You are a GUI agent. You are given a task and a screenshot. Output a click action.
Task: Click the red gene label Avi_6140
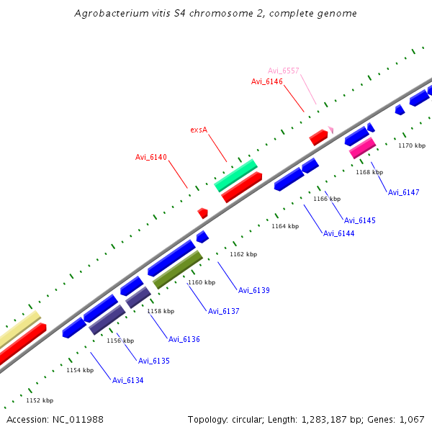[x=150, y=157]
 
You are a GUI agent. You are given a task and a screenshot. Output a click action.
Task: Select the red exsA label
[x=199, y=130]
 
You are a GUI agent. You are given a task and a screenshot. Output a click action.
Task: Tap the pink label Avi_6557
[x=283, y=71]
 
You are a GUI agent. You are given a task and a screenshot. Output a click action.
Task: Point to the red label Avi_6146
[x=266, y=82]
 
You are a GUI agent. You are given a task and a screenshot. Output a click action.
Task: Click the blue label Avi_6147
[x=403, y=193]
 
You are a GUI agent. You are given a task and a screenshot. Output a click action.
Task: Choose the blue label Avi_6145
[x=359, y=220]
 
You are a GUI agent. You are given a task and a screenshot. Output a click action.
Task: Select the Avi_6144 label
[x=338, y=233]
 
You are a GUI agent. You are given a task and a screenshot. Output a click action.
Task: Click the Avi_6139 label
[x=253, y=290]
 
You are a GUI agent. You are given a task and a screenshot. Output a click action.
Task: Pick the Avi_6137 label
[x=223, y=311]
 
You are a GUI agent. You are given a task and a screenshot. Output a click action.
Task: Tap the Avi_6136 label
[x=184, y=339]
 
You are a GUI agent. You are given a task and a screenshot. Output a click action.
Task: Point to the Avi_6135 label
[x=153, y=361]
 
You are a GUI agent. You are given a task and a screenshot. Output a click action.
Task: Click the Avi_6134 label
[x=127, y=380]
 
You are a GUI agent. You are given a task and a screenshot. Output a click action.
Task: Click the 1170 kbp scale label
[x=412, y=145]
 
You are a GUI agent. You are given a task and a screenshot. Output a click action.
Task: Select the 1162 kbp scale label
[x=243, y=254]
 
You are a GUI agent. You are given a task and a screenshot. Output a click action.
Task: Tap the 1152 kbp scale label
[x=40, y=400]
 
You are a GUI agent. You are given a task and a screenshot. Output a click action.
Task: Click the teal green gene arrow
[x=235, y=176]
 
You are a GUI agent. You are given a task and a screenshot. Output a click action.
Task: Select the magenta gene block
[x=362, y=148]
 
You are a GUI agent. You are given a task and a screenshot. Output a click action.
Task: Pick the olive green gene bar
[x=177, y=269]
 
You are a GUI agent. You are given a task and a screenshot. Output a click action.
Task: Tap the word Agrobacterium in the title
[x=110, y=14]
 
